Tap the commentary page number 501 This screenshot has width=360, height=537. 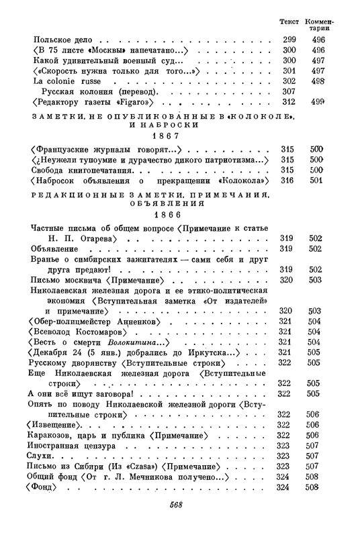pos(318,182)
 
